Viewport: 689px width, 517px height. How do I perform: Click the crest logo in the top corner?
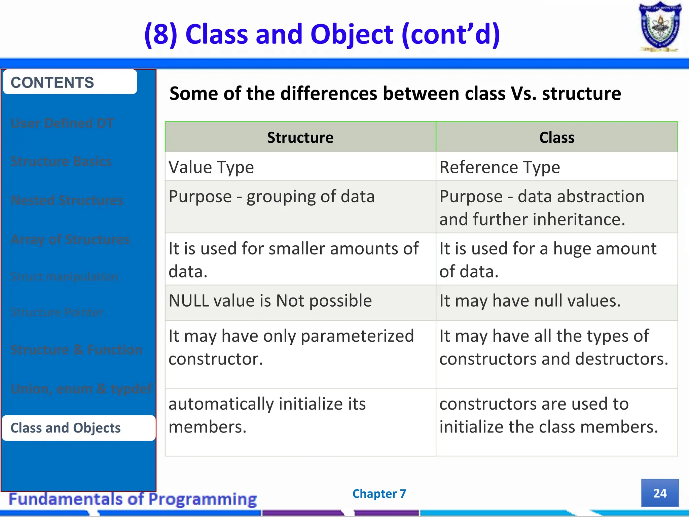pos(660,27)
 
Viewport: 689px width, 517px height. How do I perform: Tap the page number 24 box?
pos(660,493)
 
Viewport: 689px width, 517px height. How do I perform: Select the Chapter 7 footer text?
pos(379,494)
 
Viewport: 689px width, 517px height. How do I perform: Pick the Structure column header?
pos(300,137)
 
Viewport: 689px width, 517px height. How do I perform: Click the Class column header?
pos(557,137)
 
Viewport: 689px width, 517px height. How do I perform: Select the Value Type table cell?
pos(211,167)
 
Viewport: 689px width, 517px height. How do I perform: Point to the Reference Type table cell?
pos(500,167)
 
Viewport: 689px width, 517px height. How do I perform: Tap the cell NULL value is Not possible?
pos(270,301)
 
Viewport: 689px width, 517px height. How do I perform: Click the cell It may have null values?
pos(530,301)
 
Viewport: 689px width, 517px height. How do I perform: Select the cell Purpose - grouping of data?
pos(271,197)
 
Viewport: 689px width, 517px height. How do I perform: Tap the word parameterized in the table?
pos(357,336)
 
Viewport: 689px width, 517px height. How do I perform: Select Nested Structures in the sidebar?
pos(67,200)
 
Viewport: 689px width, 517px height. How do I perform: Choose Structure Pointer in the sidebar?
pos(57,312)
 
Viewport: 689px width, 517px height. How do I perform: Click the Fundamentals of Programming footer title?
pos(133,499)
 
